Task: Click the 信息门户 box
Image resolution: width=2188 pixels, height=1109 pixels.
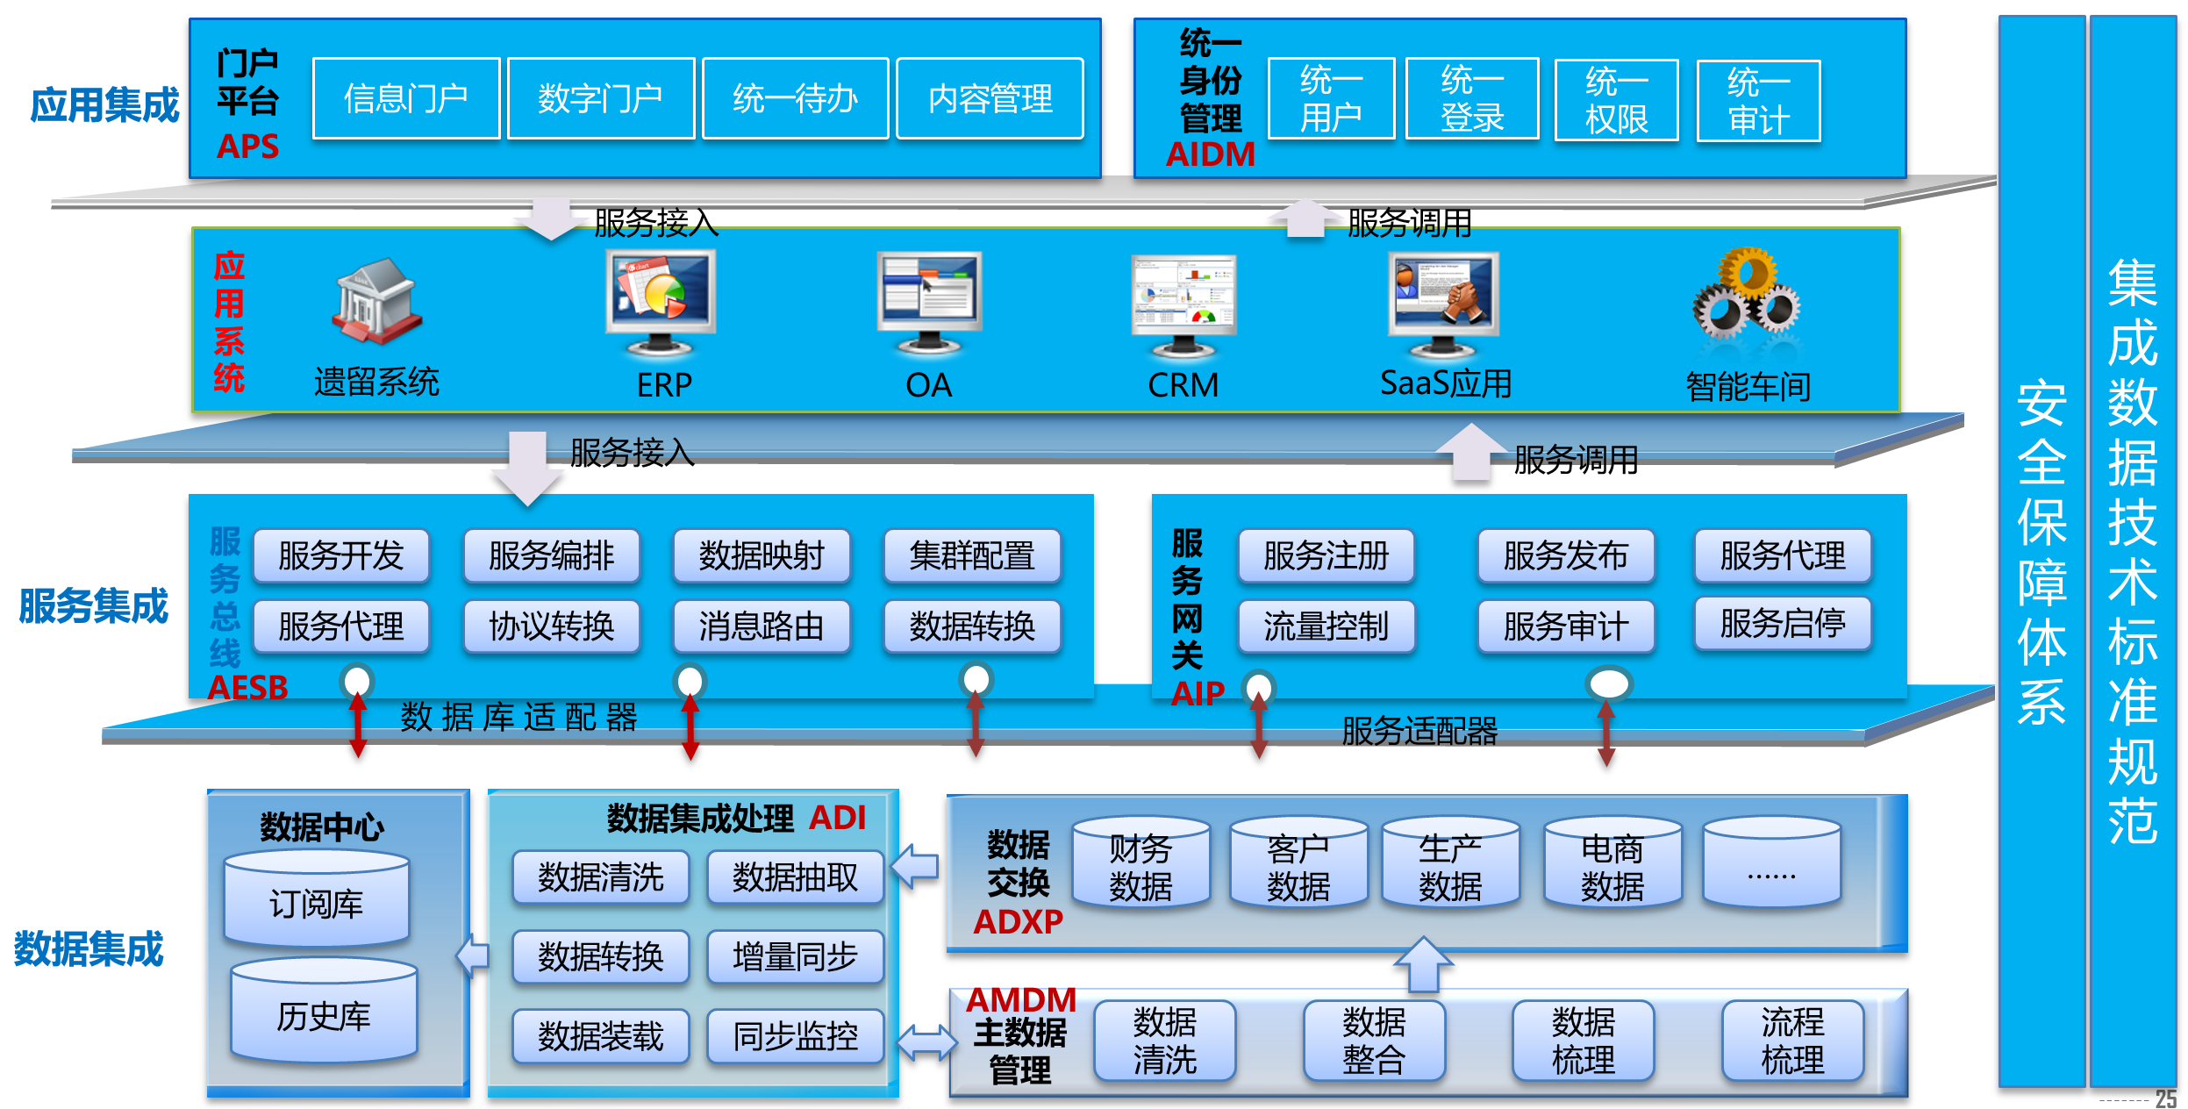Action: (405, 98)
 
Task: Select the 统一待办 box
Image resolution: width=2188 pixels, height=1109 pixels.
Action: (795, 98)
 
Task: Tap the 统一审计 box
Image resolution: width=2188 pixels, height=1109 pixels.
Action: (1758, 101)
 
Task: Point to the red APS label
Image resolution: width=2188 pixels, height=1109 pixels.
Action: (248, 147)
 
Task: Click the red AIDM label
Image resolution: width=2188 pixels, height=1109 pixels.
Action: (1210, 154)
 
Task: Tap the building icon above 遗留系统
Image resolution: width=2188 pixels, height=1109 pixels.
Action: (377, 301)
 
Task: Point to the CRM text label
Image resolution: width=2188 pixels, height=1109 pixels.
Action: (1183, 385)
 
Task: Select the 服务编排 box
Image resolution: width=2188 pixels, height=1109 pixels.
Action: (551, 555)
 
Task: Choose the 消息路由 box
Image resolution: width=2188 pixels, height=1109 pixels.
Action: (762, 626)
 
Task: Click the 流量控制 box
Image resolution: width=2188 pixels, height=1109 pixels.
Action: (1326, 626)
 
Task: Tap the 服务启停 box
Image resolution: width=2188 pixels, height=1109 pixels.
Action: (1782, 624)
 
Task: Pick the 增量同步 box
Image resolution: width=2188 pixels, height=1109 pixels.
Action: (795, 956)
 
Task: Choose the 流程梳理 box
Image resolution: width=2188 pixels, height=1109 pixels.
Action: (1792, 1041)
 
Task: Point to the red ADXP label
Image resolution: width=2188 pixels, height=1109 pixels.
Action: (1018, 921)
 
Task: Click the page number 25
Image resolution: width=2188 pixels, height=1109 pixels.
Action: (2165, 1098)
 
